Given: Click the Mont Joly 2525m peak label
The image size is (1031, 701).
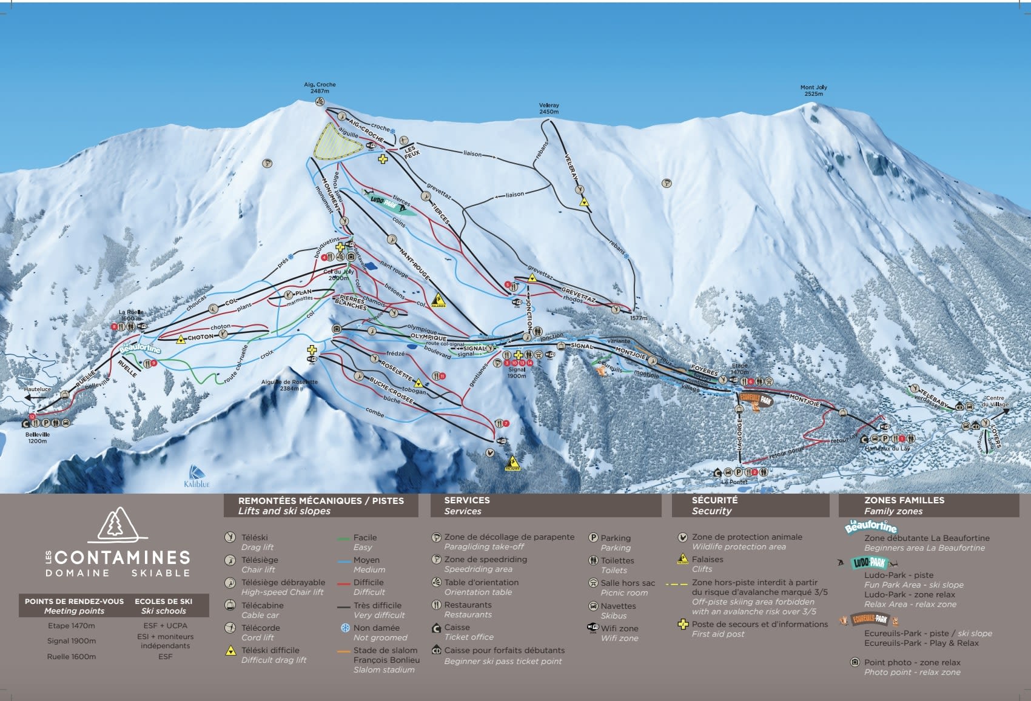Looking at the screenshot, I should [x=813, y=90].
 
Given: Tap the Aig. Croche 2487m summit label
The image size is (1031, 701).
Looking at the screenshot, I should [x=320, y=88].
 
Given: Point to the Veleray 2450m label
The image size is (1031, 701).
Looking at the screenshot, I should [x=549, y=109].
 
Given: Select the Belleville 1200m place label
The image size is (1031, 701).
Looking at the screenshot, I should [x=38, y=438].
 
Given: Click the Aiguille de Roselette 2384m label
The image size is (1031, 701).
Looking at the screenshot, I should [x=289, y=385].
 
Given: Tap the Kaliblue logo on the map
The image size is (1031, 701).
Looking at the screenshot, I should [x=197, y=477].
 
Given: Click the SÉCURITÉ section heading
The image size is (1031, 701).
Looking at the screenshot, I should [x=714, y=500].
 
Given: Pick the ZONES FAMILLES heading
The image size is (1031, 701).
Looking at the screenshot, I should [x=904, y=500].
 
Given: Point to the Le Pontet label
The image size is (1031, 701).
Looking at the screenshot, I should [x=734, y=482].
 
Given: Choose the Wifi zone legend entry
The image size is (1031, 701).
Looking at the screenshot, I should [x=619, y=629].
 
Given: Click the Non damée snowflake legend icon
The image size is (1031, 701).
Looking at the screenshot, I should [x=345, y=628].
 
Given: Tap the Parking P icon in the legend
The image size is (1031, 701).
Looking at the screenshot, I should [x=593, y=538].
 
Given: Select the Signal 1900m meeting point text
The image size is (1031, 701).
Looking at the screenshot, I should [x=72, y=641].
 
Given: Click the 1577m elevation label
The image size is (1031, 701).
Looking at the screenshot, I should [x=638, y=318].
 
